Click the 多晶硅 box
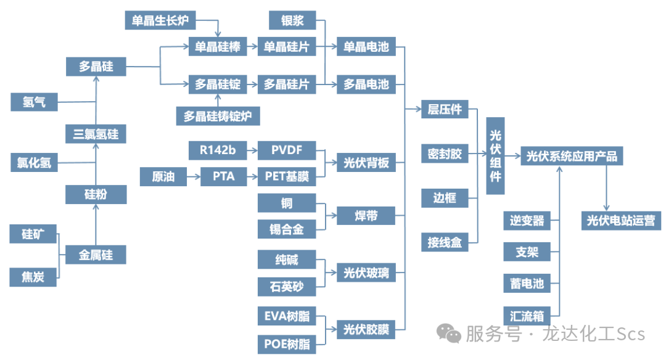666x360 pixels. coord(96,67)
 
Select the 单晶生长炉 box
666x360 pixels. coord(160,20)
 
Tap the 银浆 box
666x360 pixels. coord(292,20)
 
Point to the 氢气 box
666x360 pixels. coord(34,102)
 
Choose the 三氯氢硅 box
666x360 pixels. coord(96,133)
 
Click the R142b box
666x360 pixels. coord(217,150)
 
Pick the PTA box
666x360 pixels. coord(224,177)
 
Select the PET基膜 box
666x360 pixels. coord(286,177)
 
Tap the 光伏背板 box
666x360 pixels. coord(366,163)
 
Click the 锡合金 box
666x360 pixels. coord(286,229)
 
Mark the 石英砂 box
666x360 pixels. coord(286,286)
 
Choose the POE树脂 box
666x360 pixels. coord(286,343)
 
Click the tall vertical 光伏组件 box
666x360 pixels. coord(495,155)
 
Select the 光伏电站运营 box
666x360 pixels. coord(620,220)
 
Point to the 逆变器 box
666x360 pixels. coord(527,220)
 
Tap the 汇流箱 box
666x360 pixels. coord(527,316)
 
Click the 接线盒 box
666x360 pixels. coord(445,242)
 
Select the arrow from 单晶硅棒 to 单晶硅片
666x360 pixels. coord(252,47)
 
